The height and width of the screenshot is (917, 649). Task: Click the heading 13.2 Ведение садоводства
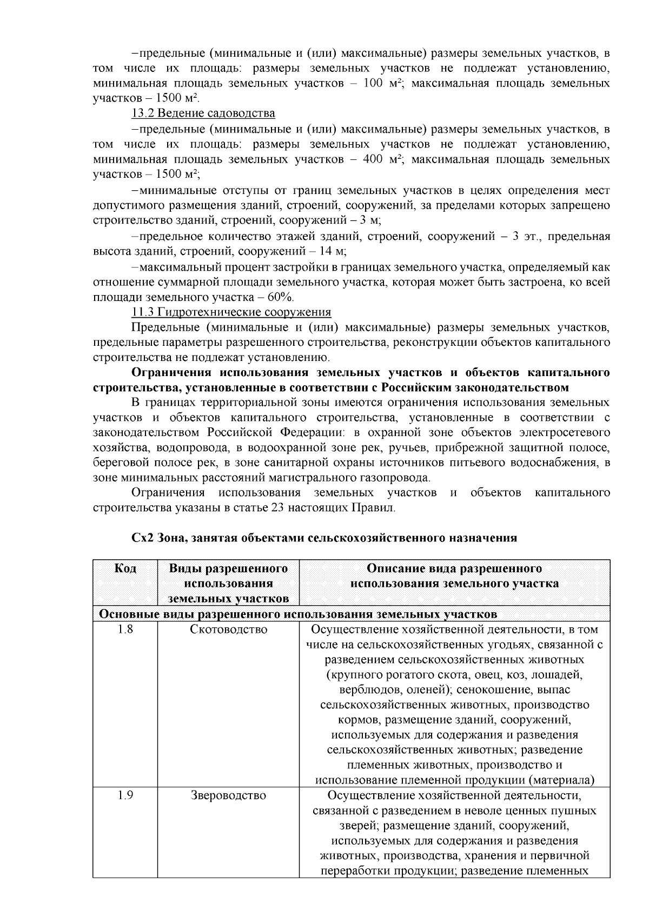[x=203, y=113]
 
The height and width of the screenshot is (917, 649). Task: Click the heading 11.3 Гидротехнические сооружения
[x=231, y=312]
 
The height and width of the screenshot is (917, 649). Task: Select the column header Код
[x=125, y=568]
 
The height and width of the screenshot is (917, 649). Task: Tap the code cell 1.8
[x=125, y=630]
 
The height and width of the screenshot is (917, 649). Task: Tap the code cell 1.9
[x=125, y=796]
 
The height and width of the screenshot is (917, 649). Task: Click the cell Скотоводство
[x=228, y=630]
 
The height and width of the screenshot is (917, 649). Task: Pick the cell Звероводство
[x=228, y=796]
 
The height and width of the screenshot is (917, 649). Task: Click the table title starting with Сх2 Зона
[x=324, y=538]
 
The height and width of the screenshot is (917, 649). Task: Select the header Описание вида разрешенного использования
[x=454, y=576]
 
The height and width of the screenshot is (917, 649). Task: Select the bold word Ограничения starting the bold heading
[x=171, y=373]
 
